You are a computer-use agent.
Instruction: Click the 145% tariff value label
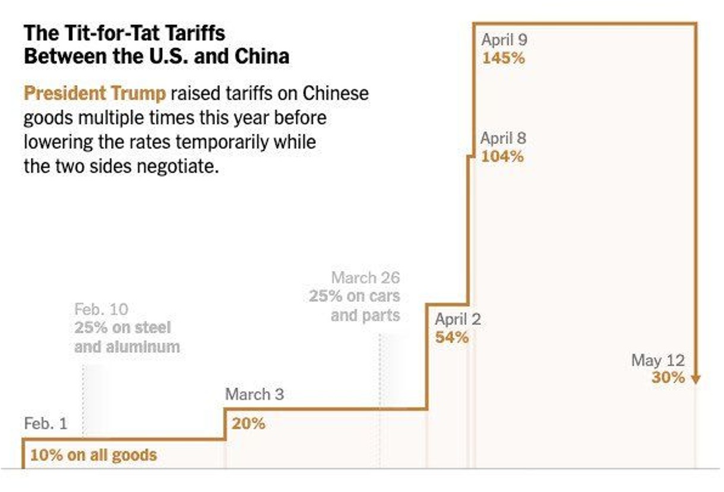tap(503, 59)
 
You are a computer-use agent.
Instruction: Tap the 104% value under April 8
tap(502, 157)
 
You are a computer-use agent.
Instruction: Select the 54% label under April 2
tap(451, 338)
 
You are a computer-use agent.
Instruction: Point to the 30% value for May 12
tap(668, 377)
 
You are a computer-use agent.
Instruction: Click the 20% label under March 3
tap(248, 424)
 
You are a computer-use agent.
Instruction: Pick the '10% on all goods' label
tap(93, 455)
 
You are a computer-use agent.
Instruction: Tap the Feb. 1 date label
tap(46, 424)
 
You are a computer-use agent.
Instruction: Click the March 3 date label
tap(254, 394)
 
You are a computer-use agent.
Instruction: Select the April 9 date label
tap(504, 40)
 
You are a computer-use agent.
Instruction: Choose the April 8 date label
tap(502, 138)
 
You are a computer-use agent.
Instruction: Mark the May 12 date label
tap(657, 359)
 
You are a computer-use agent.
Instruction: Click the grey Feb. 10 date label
tap(101, 309)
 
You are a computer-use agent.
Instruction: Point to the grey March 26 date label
tap(365, 277)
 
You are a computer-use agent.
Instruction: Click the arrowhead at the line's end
tap(695, 380)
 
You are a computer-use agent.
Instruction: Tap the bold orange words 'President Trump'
tap(94, 94)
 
